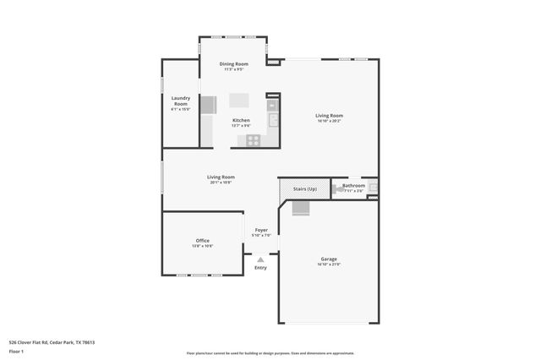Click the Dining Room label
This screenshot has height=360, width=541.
233,64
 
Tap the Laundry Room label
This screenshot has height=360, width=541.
180,101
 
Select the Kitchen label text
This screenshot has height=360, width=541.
241,120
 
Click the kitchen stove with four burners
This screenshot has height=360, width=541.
253,140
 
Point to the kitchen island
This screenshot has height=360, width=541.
238,100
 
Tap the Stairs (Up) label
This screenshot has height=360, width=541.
305,188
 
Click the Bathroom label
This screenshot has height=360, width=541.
353,185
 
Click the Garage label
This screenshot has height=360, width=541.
329,259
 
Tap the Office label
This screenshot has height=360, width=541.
203,241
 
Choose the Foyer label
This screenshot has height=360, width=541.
261,230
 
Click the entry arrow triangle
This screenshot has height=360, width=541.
260,260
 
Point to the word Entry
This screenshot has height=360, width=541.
260,268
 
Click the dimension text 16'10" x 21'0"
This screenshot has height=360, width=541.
329,265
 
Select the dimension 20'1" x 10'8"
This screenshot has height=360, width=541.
221,183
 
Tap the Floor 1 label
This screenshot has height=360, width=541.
16,351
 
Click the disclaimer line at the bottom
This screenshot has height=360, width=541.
270,352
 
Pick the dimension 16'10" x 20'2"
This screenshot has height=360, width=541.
329,121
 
